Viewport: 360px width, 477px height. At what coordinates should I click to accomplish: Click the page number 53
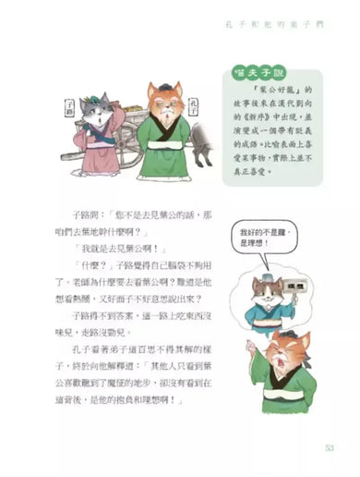(329, 450)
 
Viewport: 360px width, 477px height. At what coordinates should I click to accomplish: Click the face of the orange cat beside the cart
(163, 102)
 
